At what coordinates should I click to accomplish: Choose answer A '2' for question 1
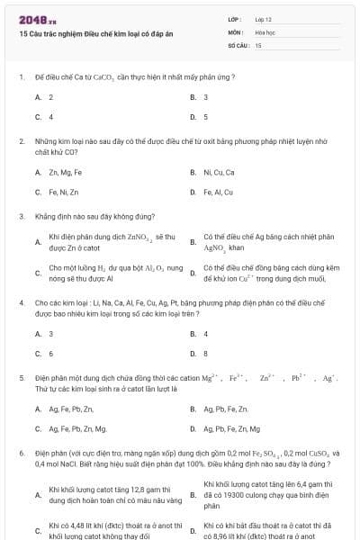click(51, 96)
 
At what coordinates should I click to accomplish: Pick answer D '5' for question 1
click(206, 116)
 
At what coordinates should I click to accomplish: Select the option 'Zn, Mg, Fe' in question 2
click(65, 172)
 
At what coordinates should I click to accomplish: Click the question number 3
click(21, 216)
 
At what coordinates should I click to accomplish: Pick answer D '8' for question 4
click(206, 354)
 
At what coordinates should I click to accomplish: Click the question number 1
click(21, 77)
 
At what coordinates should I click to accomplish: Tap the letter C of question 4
click(38, 354)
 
